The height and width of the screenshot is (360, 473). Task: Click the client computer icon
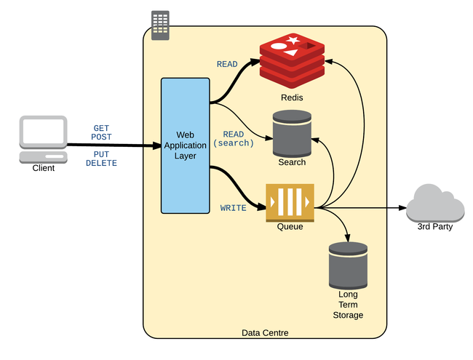(43, 138)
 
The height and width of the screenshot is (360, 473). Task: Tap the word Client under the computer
(43, 169)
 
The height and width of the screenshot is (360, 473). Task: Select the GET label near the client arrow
(101, 128)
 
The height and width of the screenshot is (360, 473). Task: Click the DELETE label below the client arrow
(101, 163)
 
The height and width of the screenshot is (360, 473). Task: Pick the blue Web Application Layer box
(185, 145)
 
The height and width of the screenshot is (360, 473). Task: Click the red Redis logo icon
(291, 60)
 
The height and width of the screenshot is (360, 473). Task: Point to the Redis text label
(291, 97)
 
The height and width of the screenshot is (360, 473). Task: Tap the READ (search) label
(234, 139)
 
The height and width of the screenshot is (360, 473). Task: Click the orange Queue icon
(290, 202)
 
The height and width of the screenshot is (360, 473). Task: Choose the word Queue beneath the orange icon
(290, 227)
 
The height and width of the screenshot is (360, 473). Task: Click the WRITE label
(234, 208)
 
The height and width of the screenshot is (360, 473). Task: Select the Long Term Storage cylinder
(348, 266)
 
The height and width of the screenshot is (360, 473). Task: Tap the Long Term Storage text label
(348, 305)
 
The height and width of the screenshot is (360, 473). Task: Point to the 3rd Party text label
(435, 227)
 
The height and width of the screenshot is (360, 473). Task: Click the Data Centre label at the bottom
(265, 333)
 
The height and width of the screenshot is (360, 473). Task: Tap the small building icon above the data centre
(160, 25)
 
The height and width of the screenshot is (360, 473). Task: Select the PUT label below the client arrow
(101, 154)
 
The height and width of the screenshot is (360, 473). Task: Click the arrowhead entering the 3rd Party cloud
(402, 207)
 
